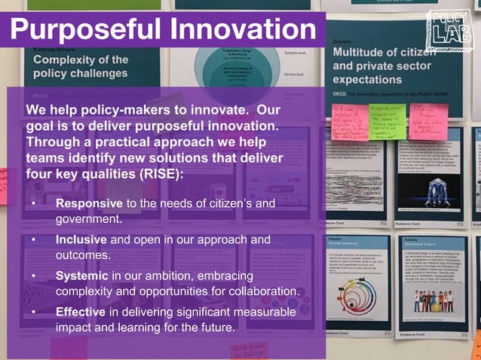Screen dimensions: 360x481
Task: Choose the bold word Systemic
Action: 82,276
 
